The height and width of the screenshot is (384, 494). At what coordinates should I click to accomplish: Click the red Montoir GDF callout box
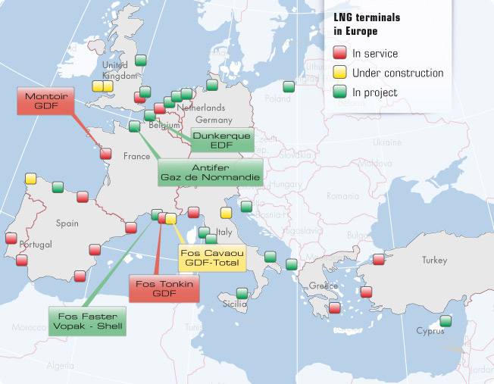click(x=47, y=101)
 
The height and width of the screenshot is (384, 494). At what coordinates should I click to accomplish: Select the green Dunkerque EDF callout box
click(x=211, y=139)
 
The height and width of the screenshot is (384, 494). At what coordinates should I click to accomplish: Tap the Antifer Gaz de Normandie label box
click(x=211, y=173)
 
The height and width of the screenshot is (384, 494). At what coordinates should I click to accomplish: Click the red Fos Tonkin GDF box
click(x=164, y=289)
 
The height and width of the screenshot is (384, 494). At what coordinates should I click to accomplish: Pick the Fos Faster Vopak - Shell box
click(x=87, y=321)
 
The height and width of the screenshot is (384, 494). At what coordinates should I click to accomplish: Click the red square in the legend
click(x=340, y=53)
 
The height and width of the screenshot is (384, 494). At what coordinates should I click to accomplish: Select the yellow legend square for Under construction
click(x=340, y=73)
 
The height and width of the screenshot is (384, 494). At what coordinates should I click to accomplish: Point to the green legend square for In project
click(x=340, y=92)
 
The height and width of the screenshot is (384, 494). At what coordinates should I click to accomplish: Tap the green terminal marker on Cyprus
click(x=446, y=320)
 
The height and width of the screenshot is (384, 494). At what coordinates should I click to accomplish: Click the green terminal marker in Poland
click(x=287, y=87)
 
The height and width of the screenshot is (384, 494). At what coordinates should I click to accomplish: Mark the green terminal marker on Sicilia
click(x=242, y=293)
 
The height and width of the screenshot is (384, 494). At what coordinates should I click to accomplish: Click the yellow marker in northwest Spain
click(x=30, y=179)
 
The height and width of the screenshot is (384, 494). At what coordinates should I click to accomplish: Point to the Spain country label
click(x=67, y=223)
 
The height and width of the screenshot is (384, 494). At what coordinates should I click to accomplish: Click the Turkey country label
click(x=434, y=260)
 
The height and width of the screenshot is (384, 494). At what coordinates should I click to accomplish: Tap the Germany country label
click(x=213, y=120)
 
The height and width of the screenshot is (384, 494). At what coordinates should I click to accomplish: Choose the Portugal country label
click(x=35, y=245)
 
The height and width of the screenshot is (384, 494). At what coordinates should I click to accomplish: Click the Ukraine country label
click(x=386, y=142)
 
